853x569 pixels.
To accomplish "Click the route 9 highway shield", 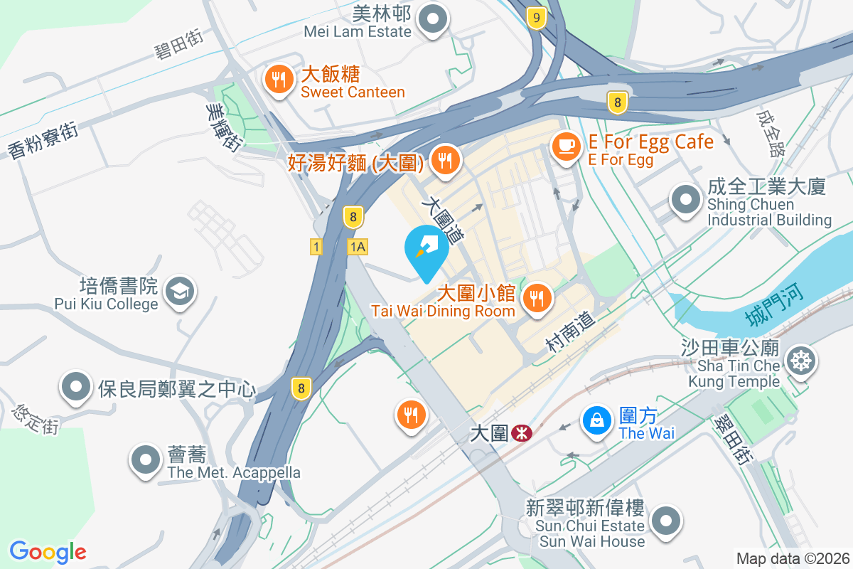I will (537, 18).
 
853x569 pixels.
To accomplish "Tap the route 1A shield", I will (357, 247).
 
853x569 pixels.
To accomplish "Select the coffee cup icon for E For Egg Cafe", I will (566, 146).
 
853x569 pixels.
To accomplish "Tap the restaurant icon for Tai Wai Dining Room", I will (537, 298).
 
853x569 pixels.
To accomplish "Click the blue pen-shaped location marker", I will (426, 248).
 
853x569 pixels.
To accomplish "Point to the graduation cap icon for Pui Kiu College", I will (180, 291).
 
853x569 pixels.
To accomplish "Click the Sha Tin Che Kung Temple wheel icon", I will (801, 361).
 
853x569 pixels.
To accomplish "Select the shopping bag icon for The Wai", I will (598, 420).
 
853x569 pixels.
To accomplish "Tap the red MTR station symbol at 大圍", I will (521, 432).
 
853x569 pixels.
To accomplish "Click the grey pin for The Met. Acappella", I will (146, 459).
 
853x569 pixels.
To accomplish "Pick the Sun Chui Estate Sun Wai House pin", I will (666, 521).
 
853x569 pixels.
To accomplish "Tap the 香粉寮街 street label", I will (43, 139).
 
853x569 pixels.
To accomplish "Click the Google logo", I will (48, 552).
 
